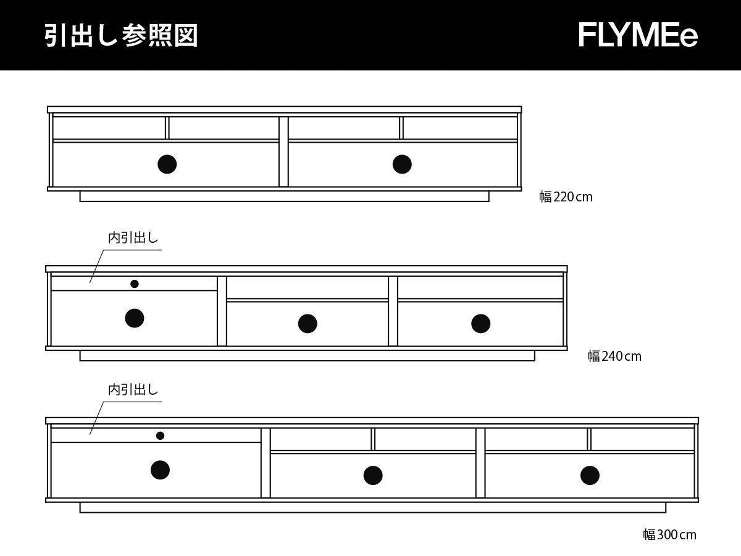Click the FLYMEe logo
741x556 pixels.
click(638, 35)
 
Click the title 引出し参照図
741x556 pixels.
click(121, 36)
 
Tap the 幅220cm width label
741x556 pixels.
click(566, 197)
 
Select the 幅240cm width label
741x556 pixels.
click(614, 356)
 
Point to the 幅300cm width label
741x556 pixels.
click(669, 534)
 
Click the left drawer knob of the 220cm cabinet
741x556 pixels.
click(167, 164)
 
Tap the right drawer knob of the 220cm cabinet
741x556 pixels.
click(402, 164)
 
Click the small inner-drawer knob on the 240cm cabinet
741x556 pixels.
click(135, 284)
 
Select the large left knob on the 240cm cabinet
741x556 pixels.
click(135, 318)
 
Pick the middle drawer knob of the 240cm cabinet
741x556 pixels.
click(308, 323)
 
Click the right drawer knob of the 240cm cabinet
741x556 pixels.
click(480, 323)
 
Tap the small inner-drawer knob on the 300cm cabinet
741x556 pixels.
click(161, 436)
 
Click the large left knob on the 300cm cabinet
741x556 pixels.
click(161, 470)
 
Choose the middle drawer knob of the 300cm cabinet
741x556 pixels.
click(373, 475)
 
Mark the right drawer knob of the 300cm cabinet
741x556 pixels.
click(590, 475)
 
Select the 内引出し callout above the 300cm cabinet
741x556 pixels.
click(133, 390)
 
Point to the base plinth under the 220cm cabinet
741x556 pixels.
click(284, 196)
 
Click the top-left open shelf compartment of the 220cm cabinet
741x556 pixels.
click(109, 128)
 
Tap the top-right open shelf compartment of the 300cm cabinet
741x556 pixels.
click(642, 439)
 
